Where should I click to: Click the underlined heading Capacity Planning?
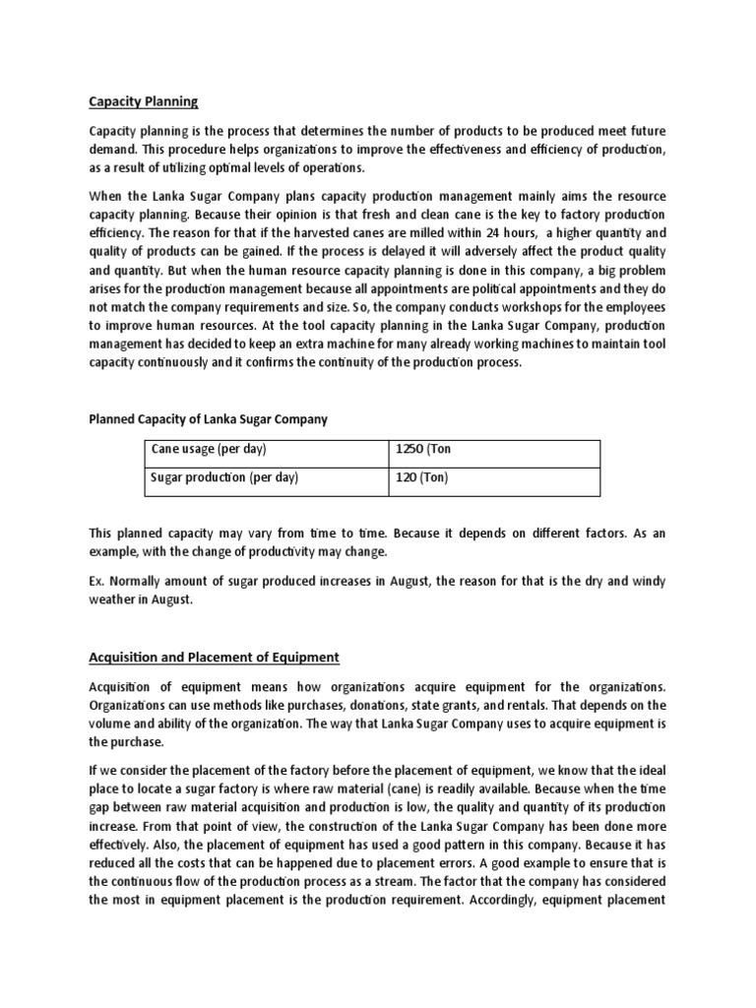point(144,101)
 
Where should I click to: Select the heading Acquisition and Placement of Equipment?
point(215,657)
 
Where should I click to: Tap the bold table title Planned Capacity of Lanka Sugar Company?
point(209,419)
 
